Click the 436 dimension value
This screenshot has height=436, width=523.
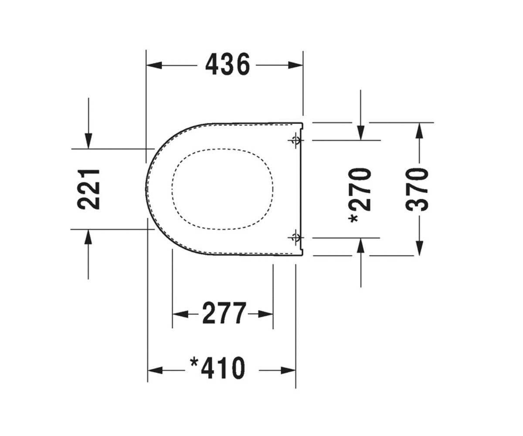tap(228, 64)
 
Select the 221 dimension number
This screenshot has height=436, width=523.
tap(88, 189)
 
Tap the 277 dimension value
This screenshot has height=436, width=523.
tap(224, 313)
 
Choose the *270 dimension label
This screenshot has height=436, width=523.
tap(360, 195)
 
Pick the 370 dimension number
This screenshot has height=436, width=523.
tap(417, 189)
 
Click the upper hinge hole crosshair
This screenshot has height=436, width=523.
tap(296, 140)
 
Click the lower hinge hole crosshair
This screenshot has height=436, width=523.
tap(296, 237)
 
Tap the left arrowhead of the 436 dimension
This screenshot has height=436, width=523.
tap(154, 65)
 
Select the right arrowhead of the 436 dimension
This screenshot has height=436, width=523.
tap(295, 65)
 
